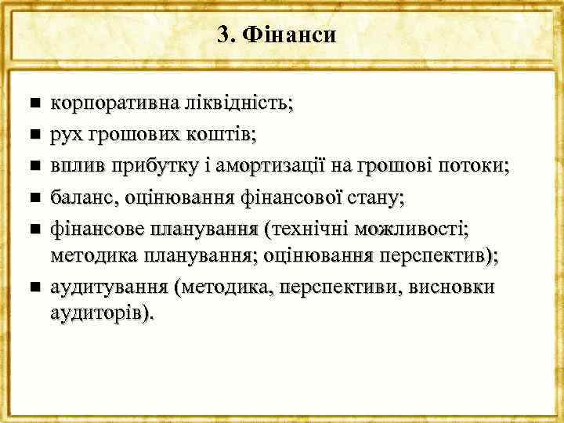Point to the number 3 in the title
tap(224, 35)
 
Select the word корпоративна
tap(103, 103)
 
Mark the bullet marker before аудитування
tap(32, 287)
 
